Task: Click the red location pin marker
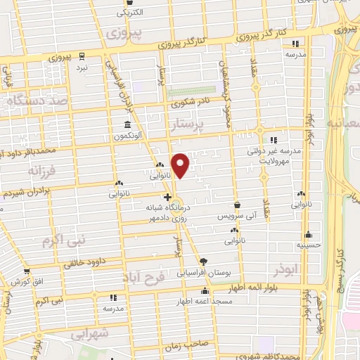click(181, 165)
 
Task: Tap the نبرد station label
click(83, 67)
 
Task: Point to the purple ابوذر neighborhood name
click(288, 269)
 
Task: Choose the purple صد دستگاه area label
click(30, 101)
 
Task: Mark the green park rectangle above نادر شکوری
click(202, 90)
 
